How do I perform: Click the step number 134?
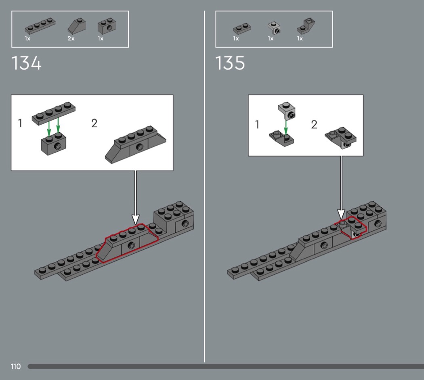point(27,63)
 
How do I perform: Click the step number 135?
point(230,63)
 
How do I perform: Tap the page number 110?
point(16,366)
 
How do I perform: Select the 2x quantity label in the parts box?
point(71,39)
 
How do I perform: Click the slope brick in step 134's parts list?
point(77,25)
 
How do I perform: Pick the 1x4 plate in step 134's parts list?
point(40,26)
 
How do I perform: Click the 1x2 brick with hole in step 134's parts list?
point(107,26)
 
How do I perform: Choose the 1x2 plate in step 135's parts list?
point(242,28)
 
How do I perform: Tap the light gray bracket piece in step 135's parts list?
point(274,28)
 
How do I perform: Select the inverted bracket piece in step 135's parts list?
point(306,26)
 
